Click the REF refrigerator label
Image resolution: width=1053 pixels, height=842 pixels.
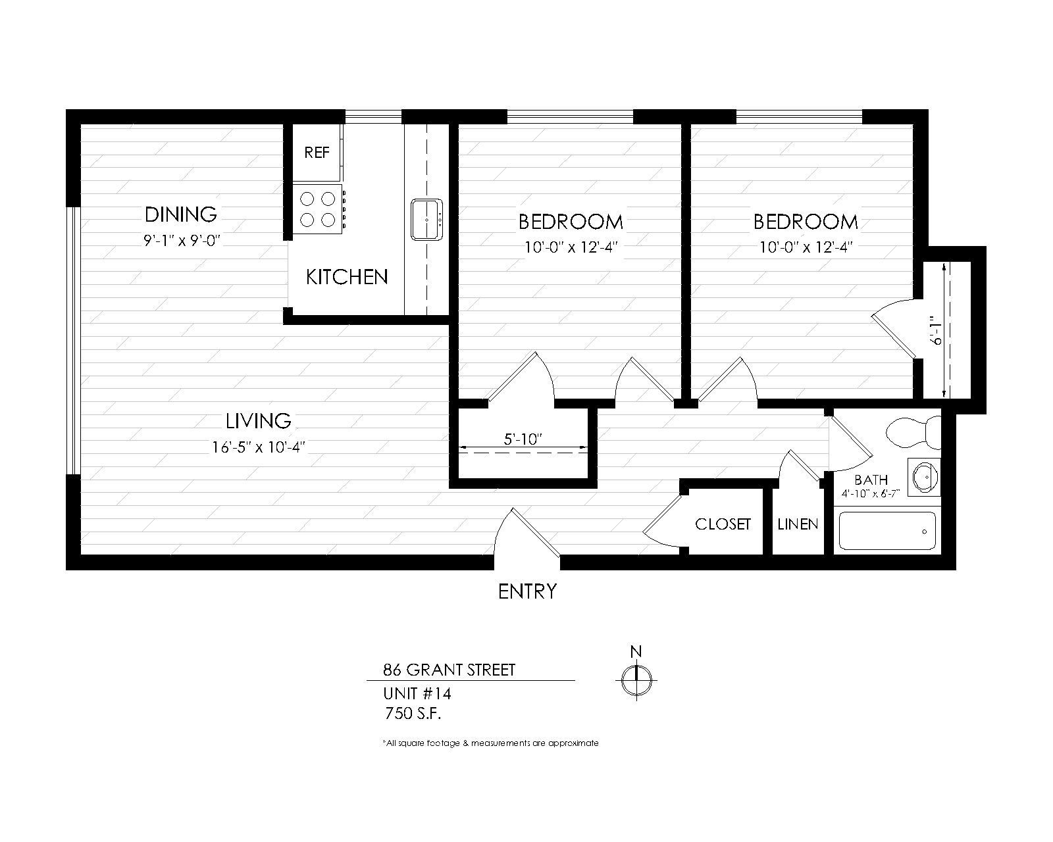point(317,153)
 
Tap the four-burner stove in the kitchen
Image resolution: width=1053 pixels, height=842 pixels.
point(319,209)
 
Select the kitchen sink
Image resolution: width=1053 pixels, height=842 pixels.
point(426,220)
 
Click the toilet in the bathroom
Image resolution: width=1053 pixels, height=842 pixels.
point(913,432)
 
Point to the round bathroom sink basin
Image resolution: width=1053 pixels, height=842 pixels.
point(924,476)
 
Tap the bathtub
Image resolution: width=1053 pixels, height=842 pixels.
point(887,531)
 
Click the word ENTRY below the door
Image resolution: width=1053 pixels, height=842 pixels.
point(527,592)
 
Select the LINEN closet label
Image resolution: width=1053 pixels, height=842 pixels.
point(798,524)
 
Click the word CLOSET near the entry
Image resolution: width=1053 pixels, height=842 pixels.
point(723,524)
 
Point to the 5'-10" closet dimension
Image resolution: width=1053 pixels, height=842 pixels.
point(523,439)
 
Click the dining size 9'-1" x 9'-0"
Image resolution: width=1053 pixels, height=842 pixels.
point(182,241)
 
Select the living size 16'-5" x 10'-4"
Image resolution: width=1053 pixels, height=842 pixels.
point(259,447)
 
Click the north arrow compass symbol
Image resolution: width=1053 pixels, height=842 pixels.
point(636,680)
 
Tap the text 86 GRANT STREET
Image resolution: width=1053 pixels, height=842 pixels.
point(449,670)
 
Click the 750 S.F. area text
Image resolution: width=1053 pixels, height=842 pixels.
point(413,714)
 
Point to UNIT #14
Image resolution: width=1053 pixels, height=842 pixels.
point(417,693)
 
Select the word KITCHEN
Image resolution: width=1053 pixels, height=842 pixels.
point(347,278)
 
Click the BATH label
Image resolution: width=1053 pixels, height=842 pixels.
point(871,480)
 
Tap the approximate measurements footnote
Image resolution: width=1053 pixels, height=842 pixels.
point(491,743)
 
